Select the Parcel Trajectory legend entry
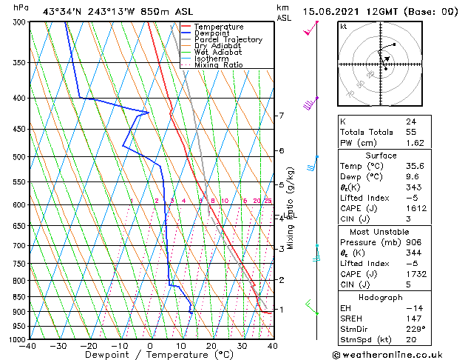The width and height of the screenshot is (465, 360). (228, 40)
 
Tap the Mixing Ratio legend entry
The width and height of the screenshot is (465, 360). (219, 65)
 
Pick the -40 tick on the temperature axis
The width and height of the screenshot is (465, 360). (28, 346)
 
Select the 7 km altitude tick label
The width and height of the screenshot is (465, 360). (281, 116)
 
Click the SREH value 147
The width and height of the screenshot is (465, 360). (413, 318)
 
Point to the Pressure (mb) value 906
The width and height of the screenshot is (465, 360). (413, 241)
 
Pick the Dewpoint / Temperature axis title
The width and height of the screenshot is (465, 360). (150, 356)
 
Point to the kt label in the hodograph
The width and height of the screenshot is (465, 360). (344, 26)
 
